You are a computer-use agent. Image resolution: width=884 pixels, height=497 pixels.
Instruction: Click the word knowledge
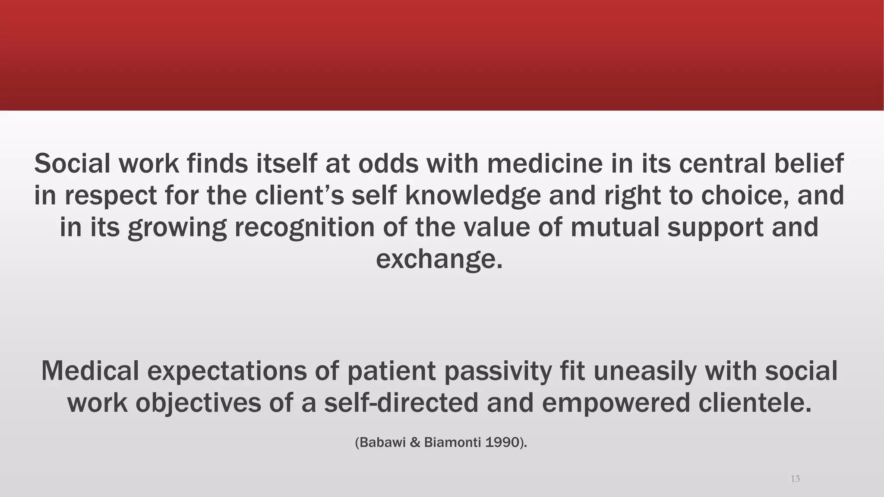tap(473, 195)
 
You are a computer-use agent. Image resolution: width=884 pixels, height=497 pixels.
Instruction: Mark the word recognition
tap(305, 227)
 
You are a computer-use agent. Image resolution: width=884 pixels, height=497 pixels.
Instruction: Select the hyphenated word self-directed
tap(401, 403)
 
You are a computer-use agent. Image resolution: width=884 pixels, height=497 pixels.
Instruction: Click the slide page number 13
tap(795, 479)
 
